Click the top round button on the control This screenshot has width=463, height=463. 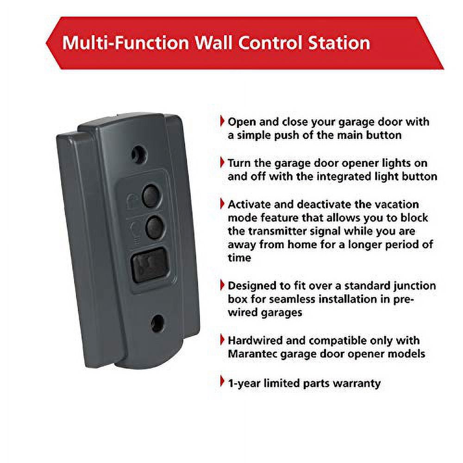[150, 196]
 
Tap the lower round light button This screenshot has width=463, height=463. [153, 227]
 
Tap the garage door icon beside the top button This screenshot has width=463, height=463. [132, 199]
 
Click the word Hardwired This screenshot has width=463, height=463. [255, 341]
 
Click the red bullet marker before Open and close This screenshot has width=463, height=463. [223, 122]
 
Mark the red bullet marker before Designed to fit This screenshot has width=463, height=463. [223, 286]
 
